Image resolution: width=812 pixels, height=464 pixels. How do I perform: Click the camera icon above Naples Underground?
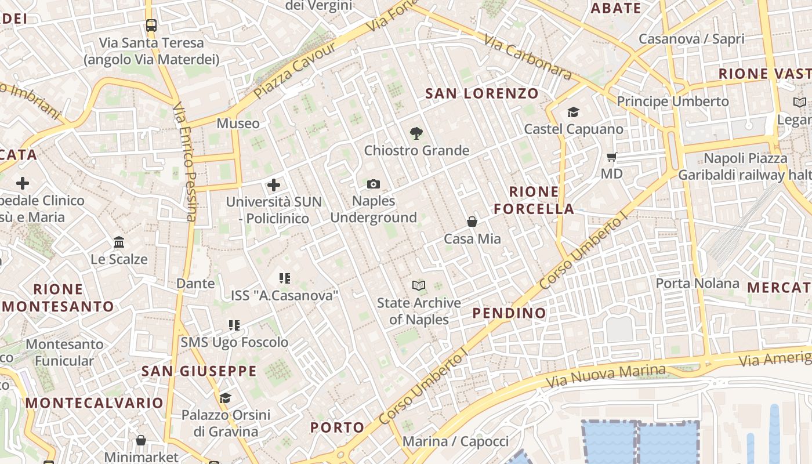374,184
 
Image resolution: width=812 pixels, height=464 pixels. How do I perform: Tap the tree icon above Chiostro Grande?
416,134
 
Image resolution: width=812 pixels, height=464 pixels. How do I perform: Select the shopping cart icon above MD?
611,157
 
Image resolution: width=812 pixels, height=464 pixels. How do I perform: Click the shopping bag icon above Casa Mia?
472,222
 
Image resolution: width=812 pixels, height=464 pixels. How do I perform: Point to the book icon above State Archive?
419,285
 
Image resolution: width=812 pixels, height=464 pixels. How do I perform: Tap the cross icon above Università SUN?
274,185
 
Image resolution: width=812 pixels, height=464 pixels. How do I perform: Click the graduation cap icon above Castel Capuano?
573,113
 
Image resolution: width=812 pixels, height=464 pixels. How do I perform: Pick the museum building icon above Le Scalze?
119,242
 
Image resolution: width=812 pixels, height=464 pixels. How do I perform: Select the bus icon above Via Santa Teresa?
151,26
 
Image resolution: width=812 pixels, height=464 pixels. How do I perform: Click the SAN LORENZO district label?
482,93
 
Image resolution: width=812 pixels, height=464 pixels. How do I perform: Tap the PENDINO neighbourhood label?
509,313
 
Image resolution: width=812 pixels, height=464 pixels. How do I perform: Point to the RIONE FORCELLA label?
534,200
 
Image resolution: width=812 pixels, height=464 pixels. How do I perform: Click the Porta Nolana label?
697,284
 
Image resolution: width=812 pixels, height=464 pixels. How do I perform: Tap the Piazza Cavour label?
295,69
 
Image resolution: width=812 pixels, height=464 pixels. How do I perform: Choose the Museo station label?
238,124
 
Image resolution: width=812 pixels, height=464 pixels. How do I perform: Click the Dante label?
195,284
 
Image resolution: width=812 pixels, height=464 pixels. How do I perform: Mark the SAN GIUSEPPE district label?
199,371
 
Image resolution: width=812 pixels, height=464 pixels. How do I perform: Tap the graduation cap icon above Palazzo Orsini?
225,398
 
